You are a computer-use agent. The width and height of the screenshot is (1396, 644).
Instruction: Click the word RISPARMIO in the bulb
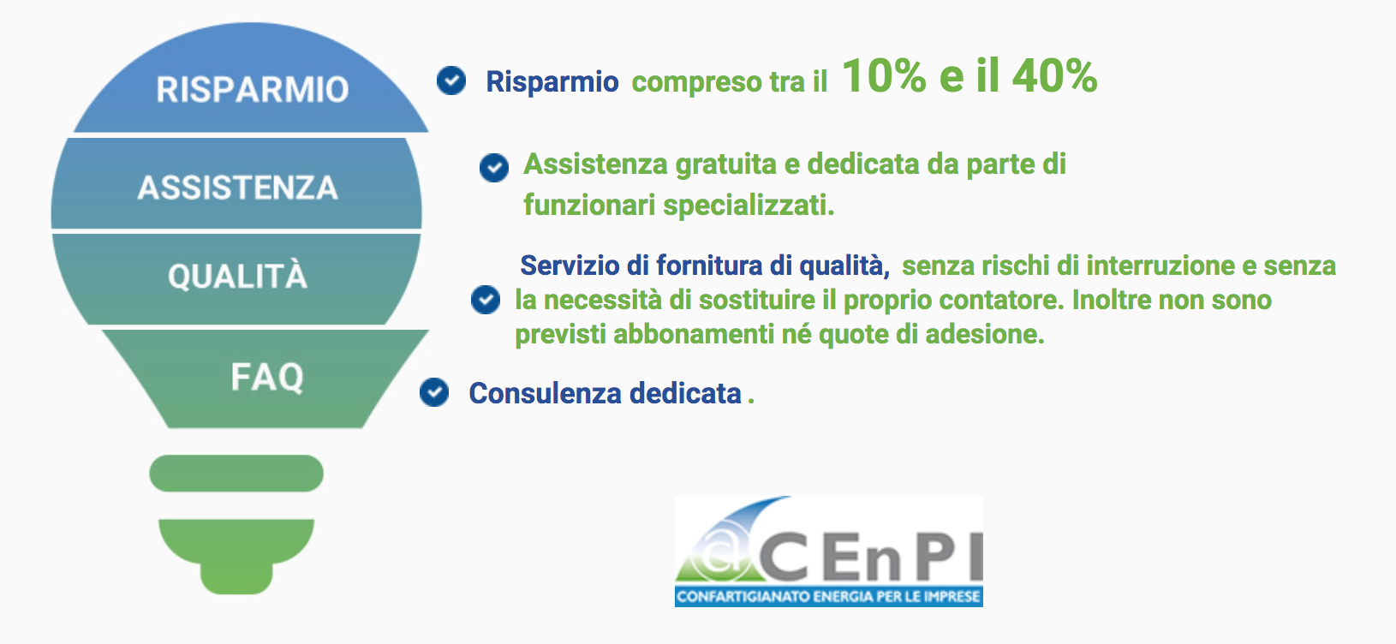[253, 89]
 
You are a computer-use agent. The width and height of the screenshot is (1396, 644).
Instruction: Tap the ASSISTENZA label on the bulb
[237, 188]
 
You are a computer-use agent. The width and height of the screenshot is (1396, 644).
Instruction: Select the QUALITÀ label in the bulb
[237, 275]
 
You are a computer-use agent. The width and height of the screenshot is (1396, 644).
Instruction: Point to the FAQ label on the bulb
[267, 377]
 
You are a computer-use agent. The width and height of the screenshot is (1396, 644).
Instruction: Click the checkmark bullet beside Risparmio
[451, 80]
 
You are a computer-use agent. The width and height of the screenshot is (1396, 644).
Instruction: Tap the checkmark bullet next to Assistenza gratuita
[494, 168]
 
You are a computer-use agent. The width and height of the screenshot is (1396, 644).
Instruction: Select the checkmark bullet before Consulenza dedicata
[434, 392]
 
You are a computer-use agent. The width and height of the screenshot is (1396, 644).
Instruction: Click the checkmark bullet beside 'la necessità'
[486, 300]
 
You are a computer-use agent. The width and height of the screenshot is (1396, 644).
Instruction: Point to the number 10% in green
[885, 76]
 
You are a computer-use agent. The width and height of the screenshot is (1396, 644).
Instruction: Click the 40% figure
[1054, 76]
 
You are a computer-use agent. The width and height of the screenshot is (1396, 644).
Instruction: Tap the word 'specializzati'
[749, 206]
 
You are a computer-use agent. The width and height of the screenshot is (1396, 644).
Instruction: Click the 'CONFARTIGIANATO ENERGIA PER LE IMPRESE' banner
[829, 597]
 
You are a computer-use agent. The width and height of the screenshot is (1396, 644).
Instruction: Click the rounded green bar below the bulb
[236, 474]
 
